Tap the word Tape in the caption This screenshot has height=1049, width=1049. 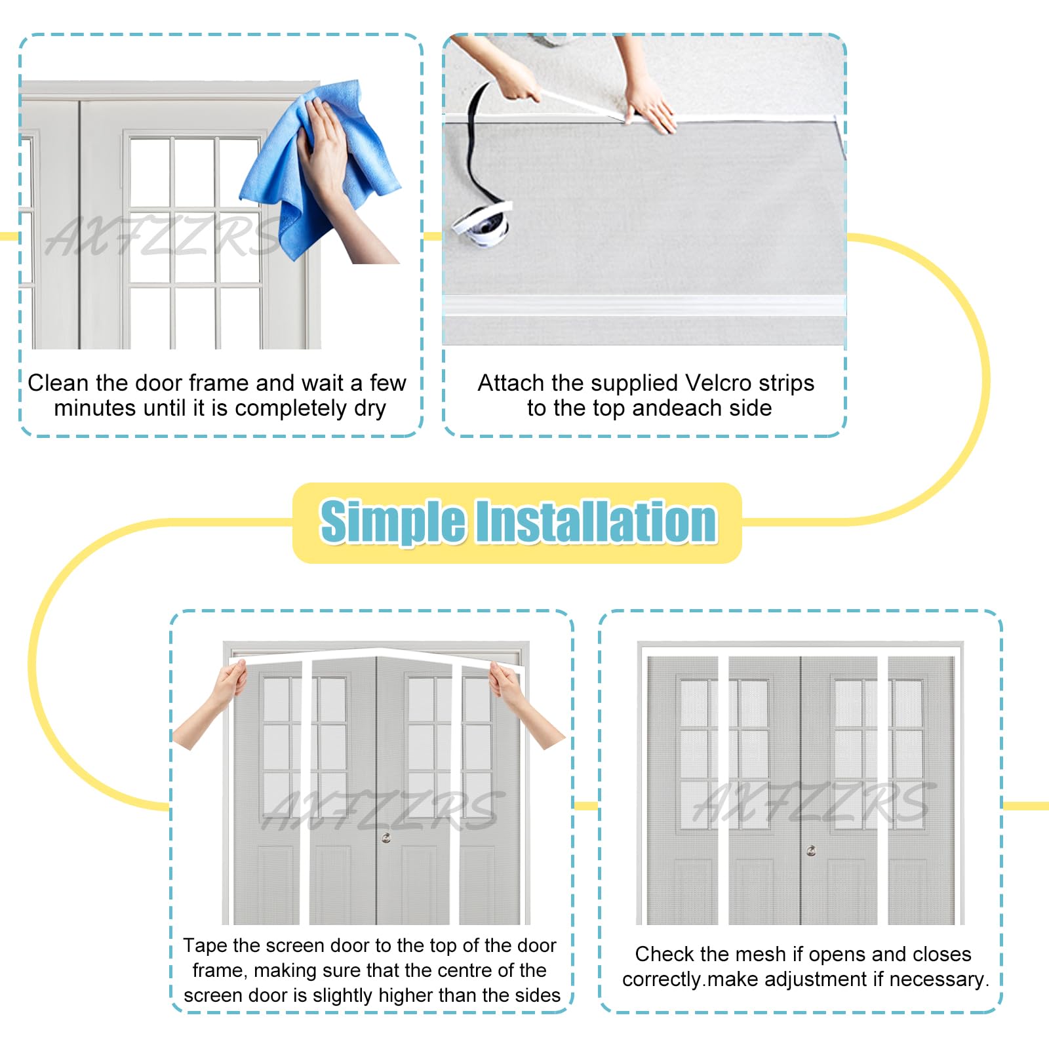pyautogui.click(x=205, y=945)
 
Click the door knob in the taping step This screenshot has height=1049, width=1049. pyautogui.click(x=386, y=837)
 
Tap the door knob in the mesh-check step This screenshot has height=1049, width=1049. pyautogui.click(x=811, y=850)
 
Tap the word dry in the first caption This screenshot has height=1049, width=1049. pyautogui.click(x=370, y=408)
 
